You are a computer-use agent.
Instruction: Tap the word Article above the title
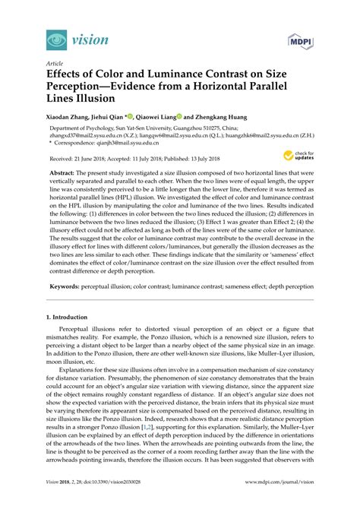click(55, 65)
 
